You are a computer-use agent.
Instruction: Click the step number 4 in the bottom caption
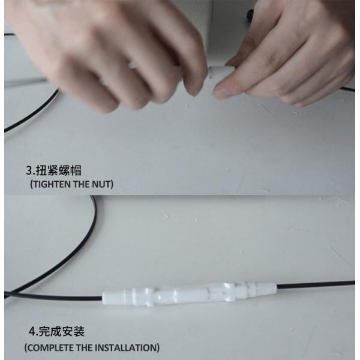click(32, 331)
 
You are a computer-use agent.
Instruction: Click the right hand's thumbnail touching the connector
click(223, 92)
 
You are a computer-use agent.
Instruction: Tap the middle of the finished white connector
click(186, 294)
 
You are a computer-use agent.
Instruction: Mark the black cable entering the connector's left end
click(60, 297)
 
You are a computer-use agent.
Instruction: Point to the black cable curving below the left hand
click(30, 114)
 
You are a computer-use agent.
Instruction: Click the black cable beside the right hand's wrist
click(348, 89)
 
